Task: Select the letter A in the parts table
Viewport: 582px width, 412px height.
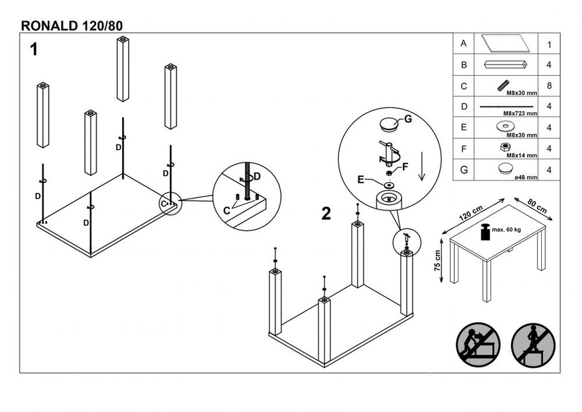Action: point(464,44)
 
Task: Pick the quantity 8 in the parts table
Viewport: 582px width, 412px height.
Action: point(548,85)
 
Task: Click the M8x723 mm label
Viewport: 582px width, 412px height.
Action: point(522,113)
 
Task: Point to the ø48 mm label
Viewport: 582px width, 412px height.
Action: point(526,175)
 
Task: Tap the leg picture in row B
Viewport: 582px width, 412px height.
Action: point(506,65)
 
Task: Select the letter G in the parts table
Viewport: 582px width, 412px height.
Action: point(464,170)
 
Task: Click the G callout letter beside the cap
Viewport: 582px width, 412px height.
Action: point(408,118)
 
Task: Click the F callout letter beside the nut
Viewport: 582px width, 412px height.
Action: point(405,166)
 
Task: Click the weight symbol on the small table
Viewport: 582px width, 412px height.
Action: point(484,231)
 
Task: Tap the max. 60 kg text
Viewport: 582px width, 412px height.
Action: point(507,230)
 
